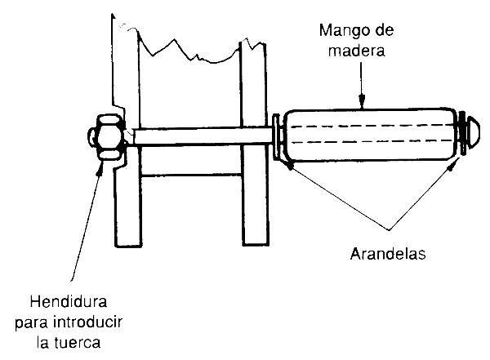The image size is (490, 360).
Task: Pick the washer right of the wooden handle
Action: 462,131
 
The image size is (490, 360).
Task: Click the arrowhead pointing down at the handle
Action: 361,102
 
